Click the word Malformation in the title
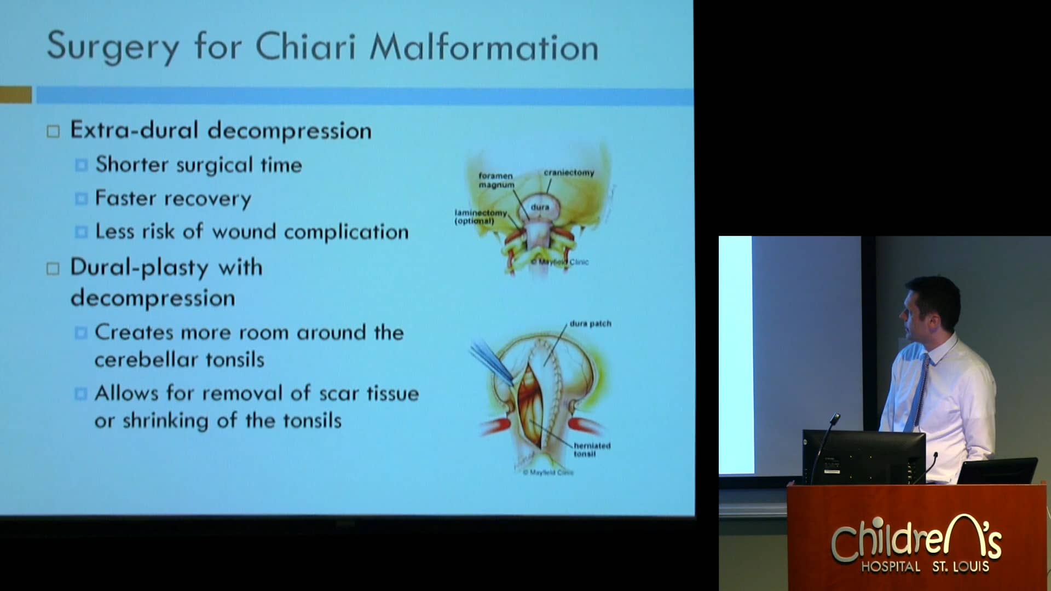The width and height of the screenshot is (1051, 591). tap(484, 47)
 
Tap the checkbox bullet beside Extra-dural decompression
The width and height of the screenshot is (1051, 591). tap(53, 132)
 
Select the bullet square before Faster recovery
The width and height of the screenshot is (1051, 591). tap(81, 199)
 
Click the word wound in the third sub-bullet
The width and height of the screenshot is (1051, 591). tap(244, 232)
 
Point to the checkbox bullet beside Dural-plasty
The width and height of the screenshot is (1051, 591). tap(53, 269)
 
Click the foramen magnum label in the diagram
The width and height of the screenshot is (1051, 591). tap(496, 180)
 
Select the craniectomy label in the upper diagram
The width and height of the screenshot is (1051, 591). tap(569, 173)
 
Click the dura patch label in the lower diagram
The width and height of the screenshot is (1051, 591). tap(590, 324)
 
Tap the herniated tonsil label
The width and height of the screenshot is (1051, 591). tap(591, 449)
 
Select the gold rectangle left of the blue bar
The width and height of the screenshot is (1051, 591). tap(15, 95)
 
